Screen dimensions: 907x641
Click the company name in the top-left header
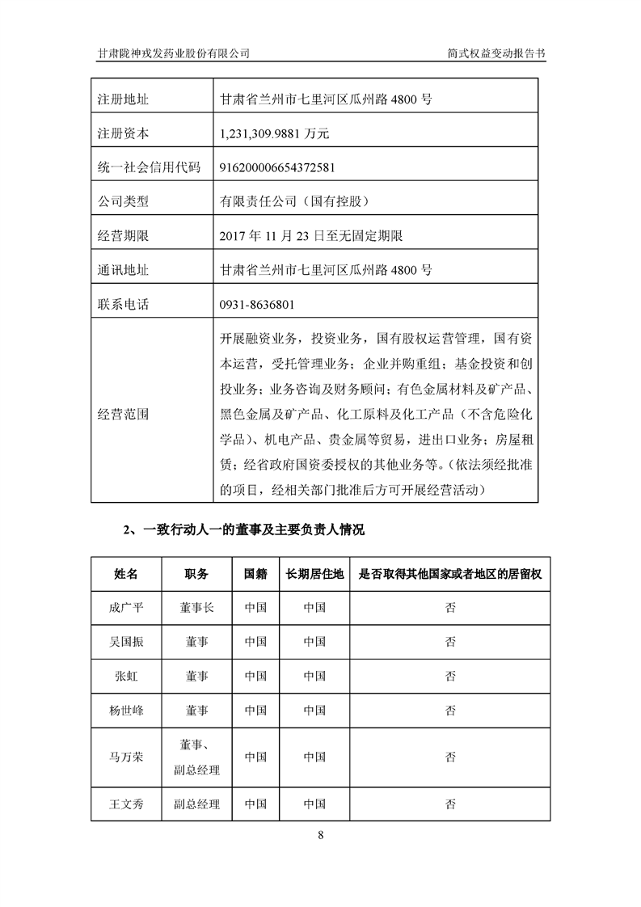click(x=173, y=53)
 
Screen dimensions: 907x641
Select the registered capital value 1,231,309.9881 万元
click(x=274, y=133)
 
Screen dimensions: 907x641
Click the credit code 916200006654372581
click(x=277, y=168)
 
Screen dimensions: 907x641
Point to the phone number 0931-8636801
click(x=257, y=305)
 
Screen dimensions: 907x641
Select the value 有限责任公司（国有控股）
click(x=294, y=202)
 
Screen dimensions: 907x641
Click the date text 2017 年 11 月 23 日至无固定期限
click(x=311, y=236)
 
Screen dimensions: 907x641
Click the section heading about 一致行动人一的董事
click(x=243, y=530)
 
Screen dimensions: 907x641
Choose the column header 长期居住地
click(x=314, y=573)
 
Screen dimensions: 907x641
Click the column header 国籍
click(x=255, y=573)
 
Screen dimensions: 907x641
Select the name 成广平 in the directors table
click(x=126, y=608)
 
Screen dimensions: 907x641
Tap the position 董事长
click(x=196, y=608)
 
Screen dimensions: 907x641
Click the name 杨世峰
click(x=126, y=711)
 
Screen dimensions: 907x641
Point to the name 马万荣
click(x=126, y=757)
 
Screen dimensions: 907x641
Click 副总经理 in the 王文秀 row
click(x=196, y=804)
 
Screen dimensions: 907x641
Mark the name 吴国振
click(x=126, y=642)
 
